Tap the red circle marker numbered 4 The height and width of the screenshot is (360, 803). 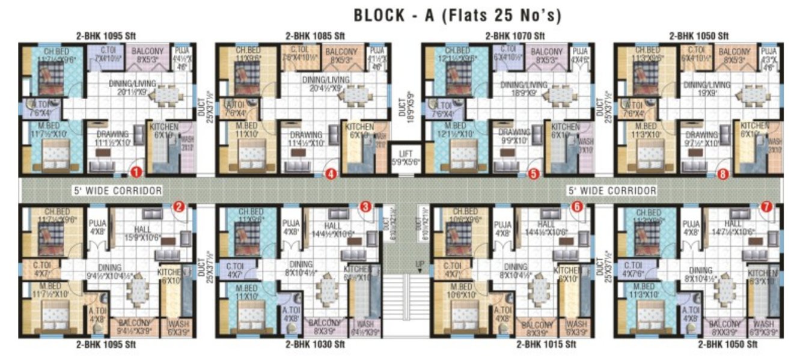pyautogui.click(x=331, y=174)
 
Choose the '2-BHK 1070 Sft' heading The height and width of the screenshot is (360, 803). pyautogui.click(x=514, y=36)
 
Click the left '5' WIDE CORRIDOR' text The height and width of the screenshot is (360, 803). pyautogui.click(x=118, y=191)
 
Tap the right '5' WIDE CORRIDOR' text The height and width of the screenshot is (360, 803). pyautogui.click(x=612, y=191)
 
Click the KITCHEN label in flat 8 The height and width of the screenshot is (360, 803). pyautogui.click(x=754, y=126)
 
